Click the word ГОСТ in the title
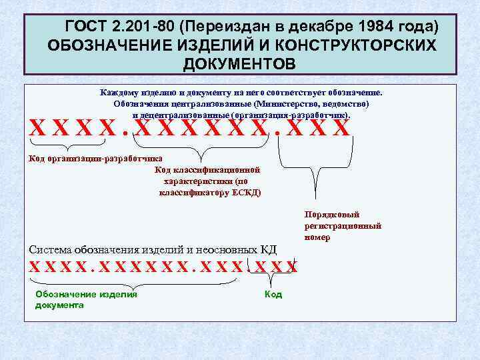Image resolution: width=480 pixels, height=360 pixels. pos(88,27)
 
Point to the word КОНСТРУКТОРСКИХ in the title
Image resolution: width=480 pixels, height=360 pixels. pos(359,45)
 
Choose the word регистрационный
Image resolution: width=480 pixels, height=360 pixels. pos(343,226)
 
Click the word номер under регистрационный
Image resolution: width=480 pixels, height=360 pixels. pos(317,237)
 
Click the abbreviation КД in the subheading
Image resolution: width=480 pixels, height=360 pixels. pos(267,250)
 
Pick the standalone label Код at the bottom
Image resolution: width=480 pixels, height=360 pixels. pos(273,294)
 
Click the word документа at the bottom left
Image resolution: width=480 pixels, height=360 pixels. pos(59,305)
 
